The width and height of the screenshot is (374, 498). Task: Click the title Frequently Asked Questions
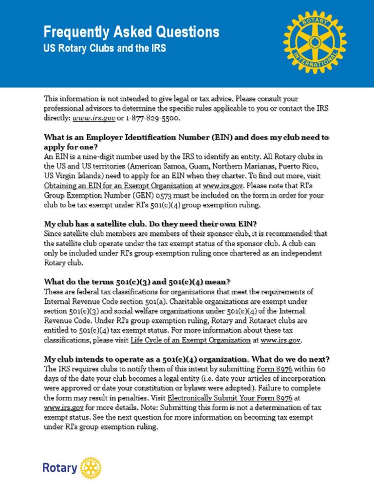(131, 33)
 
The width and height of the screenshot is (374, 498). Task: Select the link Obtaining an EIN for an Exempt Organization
(118, 185)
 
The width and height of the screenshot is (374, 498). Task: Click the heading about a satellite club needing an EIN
(150, 224)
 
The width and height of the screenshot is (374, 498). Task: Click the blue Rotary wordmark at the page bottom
(60, 468)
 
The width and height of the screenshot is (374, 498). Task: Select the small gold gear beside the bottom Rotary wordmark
(91, 468)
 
